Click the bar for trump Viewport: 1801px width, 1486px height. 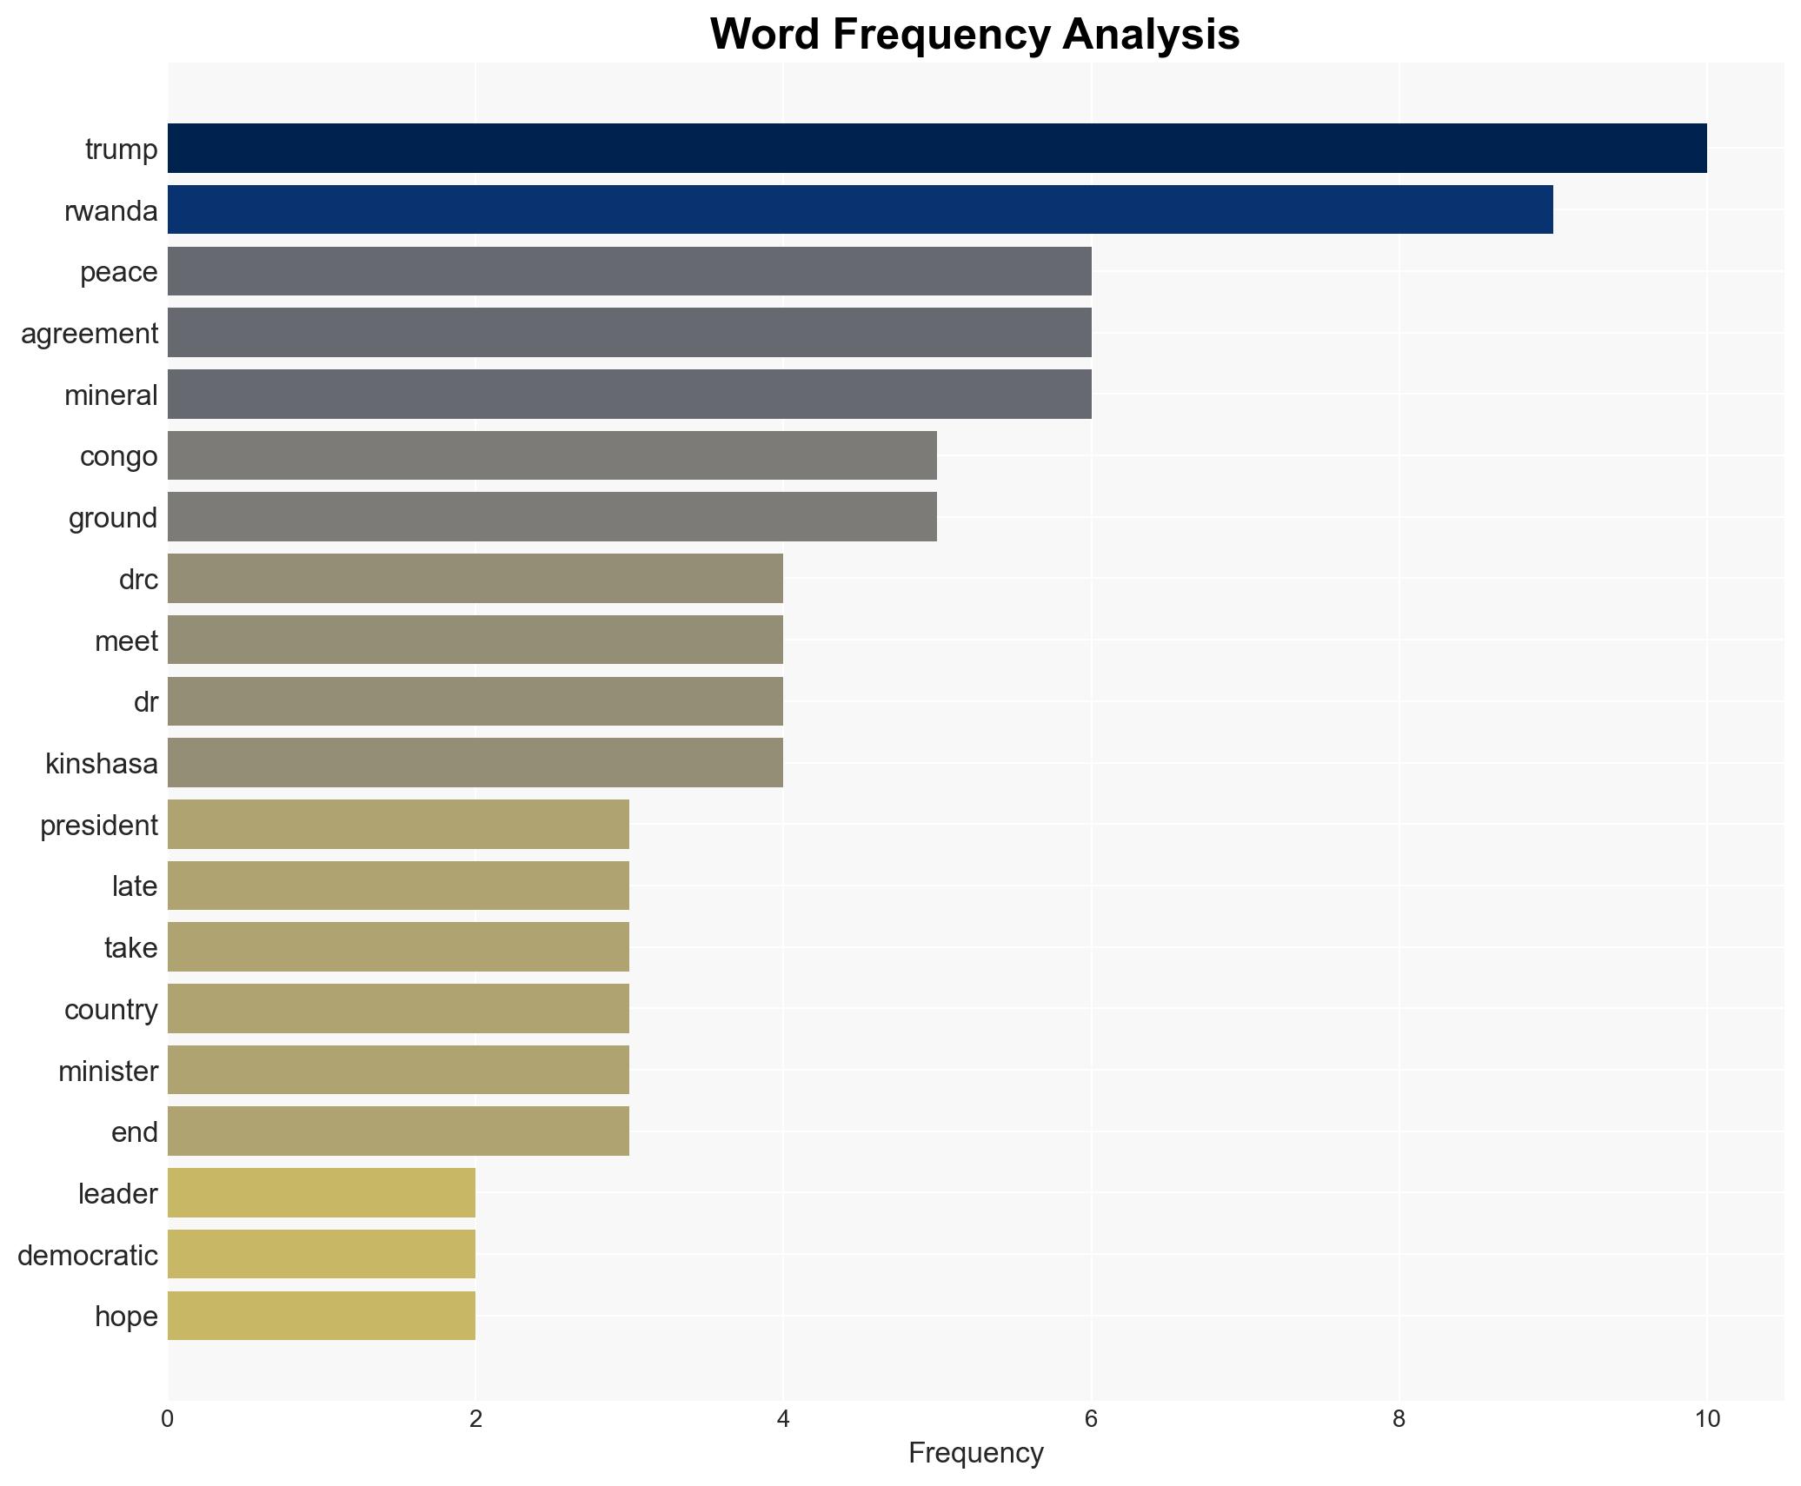[937, 149]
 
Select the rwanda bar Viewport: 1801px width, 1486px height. [860, 210]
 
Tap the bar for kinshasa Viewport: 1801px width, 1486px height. [475, 763]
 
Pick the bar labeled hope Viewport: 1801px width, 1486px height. [321, 1316]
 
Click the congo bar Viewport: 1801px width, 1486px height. [552, 455]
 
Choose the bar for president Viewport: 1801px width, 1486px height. [398, 825]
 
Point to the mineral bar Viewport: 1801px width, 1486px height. [629, 395]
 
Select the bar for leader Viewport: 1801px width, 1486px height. [321, 1193]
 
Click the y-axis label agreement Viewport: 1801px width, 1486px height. [90, 334]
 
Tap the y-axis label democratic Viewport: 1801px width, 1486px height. [88, 1256]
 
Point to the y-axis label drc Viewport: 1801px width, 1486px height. [138, 580]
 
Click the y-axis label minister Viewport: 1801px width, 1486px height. [108, 1071]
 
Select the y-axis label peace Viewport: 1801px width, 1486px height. [118, 273]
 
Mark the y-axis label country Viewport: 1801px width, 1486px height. [110, 1010]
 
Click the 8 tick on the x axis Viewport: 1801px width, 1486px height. [1399, 1420]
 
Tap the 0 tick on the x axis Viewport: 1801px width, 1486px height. [168, 1420]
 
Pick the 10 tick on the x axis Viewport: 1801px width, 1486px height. [1706, 1420]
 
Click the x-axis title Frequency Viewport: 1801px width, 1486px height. [975, 1453]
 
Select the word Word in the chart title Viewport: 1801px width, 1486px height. [765, 36]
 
